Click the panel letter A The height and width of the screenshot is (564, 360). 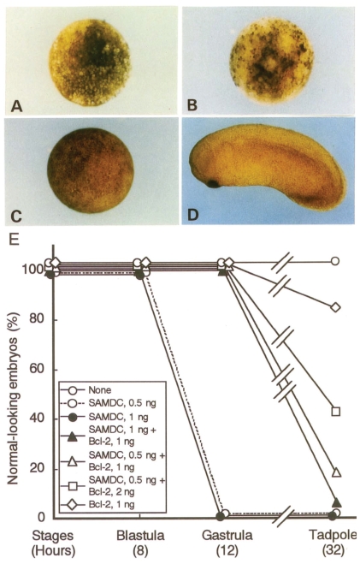click(17, 105)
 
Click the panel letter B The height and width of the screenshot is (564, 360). click(192, 105)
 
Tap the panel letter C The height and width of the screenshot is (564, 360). click(16, 216)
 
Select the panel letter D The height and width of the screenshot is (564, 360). click(193, 215)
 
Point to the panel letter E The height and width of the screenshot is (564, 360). click(14, 240)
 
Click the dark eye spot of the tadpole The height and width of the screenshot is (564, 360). click(214, 184)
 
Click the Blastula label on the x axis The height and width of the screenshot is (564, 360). click(140, 535)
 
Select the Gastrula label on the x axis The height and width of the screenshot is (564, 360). click(227, 535)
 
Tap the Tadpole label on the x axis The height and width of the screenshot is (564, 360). click(333, 535)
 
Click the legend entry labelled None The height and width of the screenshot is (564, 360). click(86, 390)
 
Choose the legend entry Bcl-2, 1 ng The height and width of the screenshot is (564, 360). click(97, 505)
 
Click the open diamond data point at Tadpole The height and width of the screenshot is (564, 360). click(335, 307)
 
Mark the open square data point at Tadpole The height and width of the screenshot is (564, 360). click(335, 411)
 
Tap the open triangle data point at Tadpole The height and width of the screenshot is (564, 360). click(336, 472)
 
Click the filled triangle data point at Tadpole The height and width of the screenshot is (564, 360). click(337, 502)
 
